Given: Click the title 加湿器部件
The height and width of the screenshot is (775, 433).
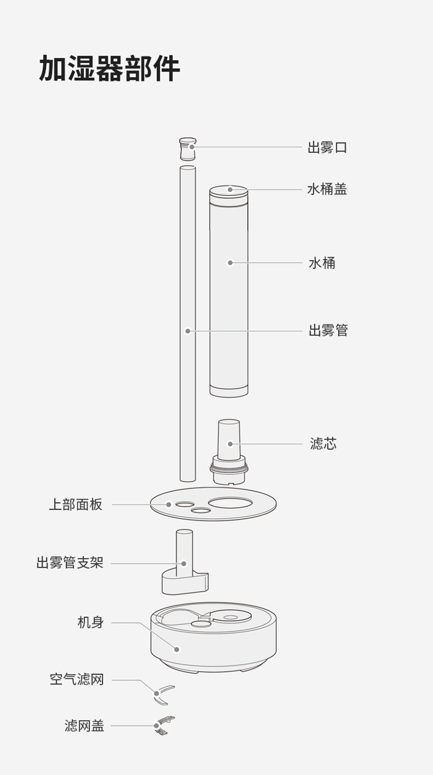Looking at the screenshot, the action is [109, 68].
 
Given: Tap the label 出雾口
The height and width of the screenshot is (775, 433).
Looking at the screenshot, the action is [327, 148].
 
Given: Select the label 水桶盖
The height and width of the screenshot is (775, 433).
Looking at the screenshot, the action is [327, 189].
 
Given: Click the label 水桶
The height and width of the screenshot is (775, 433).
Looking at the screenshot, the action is [322, 263].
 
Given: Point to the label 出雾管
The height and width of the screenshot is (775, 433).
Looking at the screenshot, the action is [328, 331].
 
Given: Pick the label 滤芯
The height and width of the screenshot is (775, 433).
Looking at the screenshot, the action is [323, 444].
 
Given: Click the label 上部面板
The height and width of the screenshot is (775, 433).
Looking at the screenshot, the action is [76, 504].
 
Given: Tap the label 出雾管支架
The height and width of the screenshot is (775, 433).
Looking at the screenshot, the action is [70, 563].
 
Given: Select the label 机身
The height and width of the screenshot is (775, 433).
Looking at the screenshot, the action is [90, 623].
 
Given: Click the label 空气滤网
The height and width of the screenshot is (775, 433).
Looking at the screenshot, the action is [77, 679].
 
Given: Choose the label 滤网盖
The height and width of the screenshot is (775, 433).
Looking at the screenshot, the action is [84, 725].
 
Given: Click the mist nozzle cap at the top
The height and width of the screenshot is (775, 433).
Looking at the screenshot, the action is [188, 149].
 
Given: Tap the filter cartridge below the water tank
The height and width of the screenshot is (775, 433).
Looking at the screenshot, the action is [229, 451].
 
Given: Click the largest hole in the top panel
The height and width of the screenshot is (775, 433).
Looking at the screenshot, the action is [230, 503].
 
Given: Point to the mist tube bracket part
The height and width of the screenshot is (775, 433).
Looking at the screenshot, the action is [185, 562].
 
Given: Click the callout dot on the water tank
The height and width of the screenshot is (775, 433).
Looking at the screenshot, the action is [230, 263].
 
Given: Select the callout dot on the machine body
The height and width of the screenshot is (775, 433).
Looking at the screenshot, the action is [177, 649].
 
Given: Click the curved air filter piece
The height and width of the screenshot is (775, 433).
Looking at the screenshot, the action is [163, 695].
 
